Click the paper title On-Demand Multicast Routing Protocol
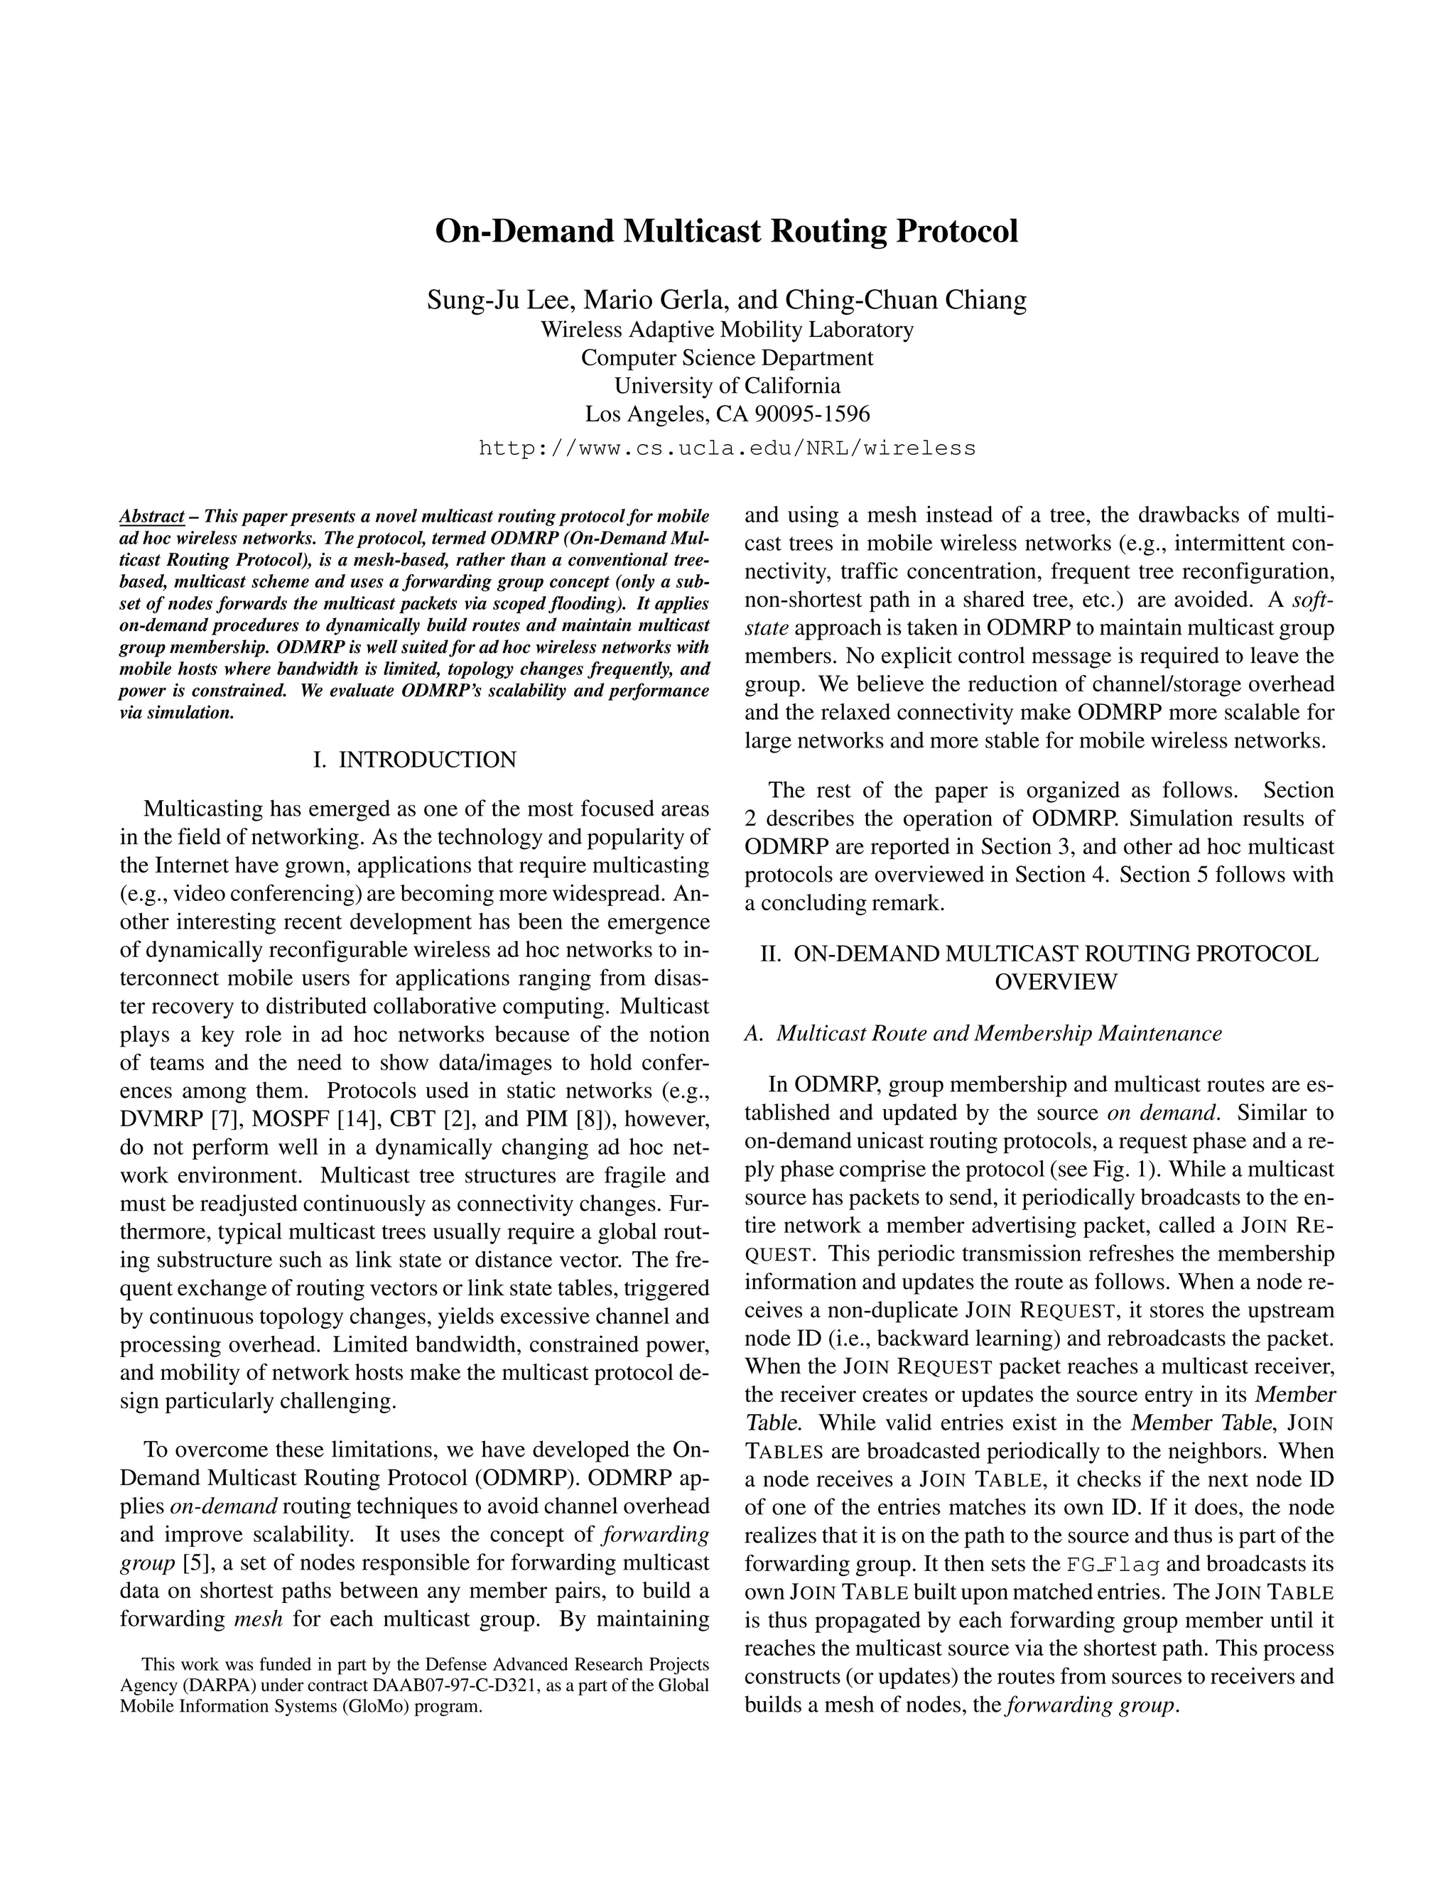(x=727, y=232)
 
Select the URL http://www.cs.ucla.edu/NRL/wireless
(x=727, y=448)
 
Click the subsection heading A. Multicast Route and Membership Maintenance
(x=983, y=1033)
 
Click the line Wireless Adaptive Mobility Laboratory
(x=727, y=330)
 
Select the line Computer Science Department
(x=727, y=358)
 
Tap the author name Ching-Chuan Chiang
(x=905, y=299)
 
